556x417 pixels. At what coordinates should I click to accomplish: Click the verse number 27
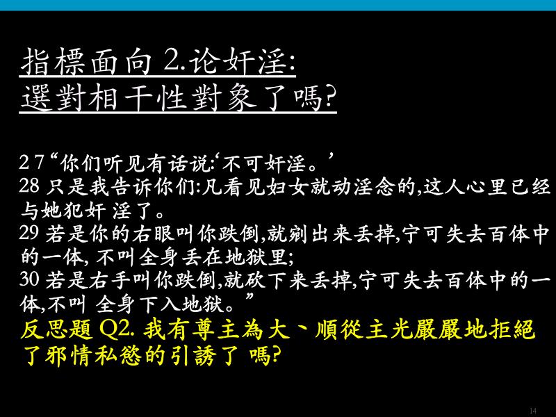point(32,163)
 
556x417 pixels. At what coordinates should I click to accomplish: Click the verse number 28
point(29,186)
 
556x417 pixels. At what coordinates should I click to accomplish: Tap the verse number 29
point(29,233)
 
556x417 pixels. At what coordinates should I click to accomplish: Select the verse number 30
point(29,279)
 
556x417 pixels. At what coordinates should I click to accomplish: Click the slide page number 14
point(532,411)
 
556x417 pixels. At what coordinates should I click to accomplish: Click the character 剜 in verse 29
point(298,234)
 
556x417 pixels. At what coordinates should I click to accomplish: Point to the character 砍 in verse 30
point(255,280)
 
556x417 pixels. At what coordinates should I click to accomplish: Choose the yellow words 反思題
point(56,329)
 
